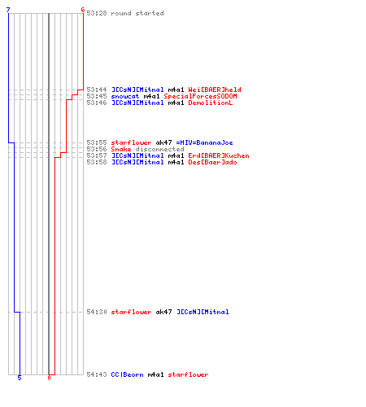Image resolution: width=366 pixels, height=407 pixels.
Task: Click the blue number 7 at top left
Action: (8, 10)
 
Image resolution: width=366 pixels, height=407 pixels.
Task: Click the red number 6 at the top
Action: (83, 10)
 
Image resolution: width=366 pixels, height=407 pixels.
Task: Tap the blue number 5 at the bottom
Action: (20, 378)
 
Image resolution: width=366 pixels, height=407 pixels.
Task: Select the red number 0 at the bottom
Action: (49, 378)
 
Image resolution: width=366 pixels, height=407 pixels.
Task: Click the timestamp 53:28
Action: (97, 13)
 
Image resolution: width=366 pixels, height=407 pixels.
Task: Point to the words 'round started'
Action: (137, 13)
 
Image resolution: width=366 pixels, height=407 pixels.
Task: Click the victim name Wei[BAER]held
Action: (215, 90)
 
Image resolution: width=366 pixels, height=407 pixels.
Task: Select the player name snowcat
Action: (125, 96)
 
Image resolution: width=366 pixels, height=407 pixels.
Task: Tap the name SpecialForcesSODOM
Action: (200, 96)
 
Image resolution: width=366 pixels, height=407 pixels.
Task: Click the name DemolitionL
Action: (211, 103)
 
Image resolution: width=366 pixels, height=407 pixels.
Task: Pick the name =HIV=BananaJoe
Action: (204, 142)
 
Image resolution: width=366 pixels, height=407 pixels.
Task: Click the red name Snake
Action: (121, 149)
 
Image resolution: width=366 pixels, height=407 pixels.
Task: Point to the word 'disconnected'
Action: (159, 149)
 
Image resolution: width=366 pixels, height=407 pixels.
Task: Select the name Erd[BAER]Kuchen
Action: (219, 155)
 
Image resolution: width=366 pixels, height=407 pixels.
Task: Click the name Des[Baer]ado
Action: (212, 162)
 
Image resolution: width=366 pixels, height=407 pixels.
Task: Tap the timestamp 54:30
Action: (97, 312)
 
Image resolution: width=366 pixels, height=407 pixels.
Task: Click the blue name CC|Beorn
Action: (128, 374)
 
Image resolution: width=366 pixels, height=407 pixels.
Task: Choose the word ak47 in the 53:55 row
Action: (163, 142)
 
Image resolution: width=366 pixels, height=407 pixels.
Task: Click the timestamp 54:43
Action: (97, 374)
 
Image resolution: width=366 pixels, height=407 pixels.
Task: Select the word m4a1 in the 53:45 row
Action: (151, 96)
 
